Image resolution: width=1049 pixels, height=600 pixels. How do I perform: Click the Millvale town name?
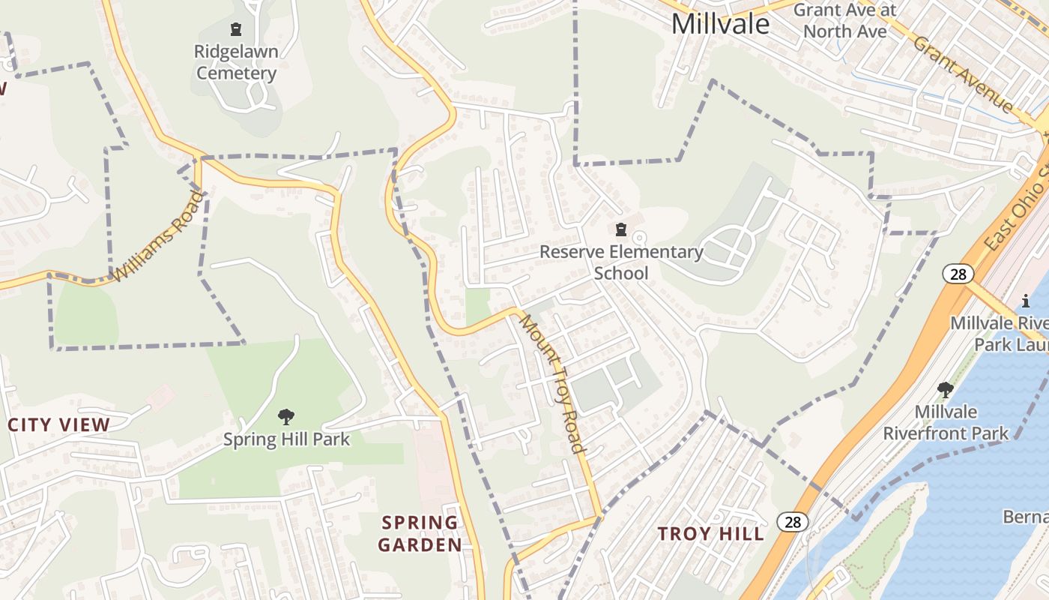[x=720, y=24]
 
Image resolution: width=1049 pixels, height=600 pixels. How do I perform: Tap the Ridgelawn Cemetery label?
[x=236, y=63]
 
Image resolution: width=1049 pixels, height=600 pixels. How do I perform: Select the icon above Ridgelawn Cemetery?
[x=236, y=30]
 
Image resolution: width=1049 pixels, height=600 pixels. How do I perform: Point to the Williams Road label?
[x=158, y=236]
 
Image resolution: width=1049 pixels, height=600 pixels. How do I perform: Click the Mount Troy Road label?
[x=553, y=384]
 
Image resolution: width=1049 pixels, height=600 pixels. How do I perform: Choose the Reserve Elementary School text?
[x=621, y=262]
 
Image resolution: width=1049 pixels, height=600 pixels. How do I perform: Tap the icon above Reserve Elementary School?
[x=620, y=229]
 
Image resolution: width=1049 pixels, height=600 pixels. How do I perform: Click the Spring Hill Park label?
[x=286, y=439]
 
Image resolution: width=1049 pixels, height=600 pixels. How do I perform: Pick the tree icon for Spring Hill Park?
[x=285, y=416]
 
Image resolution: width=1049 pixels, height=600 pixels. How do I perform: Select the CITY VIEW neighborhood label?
[x=59, y=424]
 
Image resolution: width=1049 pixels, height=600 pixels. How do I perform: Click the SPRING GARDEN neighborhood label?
[x=420, y=533]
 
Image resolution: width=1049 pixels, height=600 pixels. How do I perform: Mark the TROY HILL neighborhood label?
[x=711, y=534]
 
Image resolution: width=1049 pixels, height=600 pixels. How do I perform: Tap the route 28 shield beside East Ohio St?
[x=958, y=274]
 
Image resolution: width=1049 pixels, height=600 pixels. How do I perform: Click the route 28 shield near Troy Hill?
[x=793, y=522]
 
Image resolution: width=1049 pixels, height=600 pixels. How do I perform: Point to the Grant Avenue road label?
[x=963, y=73]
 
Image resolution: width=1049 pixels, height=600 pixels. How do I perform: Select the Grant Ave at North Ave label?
[x=844, y=21]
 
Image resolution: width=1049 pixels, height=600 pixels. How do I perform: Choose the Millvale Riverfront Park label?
[x=946, y=422]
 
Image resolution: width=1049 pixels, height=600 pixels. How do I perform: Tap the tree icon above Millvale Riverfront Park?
[x=946, y=389]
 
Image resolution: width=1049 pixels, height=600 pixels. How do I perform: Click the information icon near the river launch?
[x=1026, y=301]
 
